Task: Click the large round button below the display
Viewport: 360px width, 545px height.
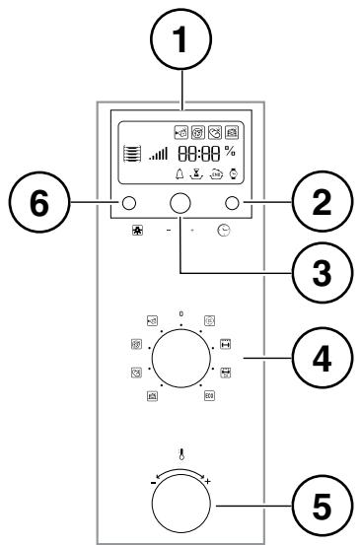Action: click(180, 203)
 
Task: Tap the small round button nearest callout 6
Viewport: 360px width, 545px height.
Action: click(128, 204)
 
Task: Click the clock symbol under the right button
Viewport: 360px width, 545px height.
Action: click(225, 230)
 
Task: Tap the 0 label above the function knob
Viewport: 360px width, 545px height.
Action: click(180, 313)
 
